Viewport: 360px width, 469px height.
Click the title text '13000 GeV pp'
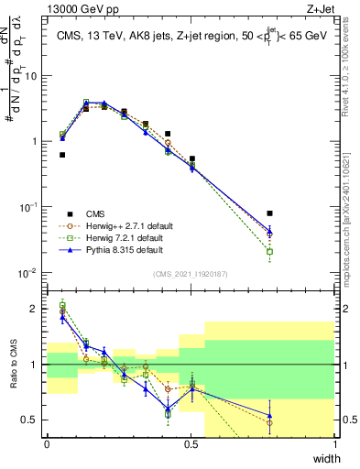point(76,8)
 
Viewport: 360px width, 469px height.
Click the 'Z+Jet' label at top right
point(320,8)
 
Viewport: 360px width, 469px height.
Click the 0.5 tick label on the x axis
point(191,444)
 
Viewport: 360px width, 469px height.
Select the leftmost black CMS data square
point(62,155)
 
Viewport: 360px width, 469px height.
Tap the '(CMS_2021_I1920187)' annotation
point(191,272)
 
